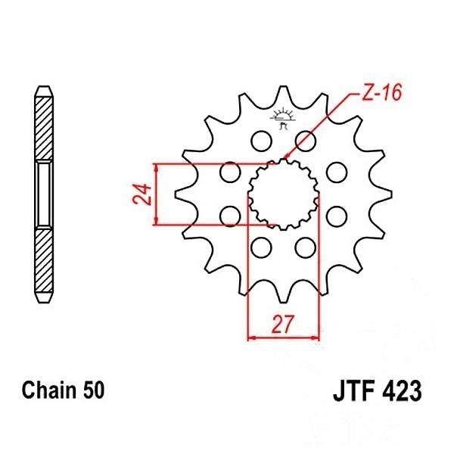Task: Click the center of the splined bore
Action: click(283, 194)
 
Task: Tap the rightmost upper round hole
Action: click(336, 173)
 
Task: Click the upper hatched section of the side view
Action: click(45, 125)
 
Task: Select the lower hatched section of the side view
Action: click(45, 265)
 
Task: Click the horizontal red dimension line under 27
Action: click(284, 337)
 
